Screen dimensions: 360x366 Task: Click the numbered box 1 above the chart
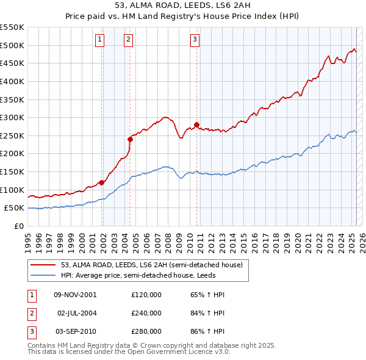pos(99,40)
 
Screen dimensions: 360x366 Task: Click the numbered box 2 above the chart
pos(128,40)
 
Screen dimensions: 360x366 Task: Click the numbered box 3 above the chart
pos(195,40)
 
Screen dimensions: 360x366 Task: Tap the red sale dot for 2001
pos(102,182)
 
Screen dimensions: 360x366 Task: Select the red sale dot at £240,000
pos(131,139)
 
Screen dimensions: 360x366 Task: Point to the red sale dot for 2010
pos(197,125)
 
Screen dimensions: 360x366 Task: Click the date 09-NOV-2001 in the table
pos(75,295)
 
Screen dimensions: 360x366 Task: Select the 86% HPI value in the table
pos(208,331)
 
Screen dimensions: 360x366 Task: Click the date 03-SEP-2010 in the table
pos(75,331)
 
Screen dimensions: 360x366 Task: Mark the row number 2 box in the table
pos(31,313)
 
